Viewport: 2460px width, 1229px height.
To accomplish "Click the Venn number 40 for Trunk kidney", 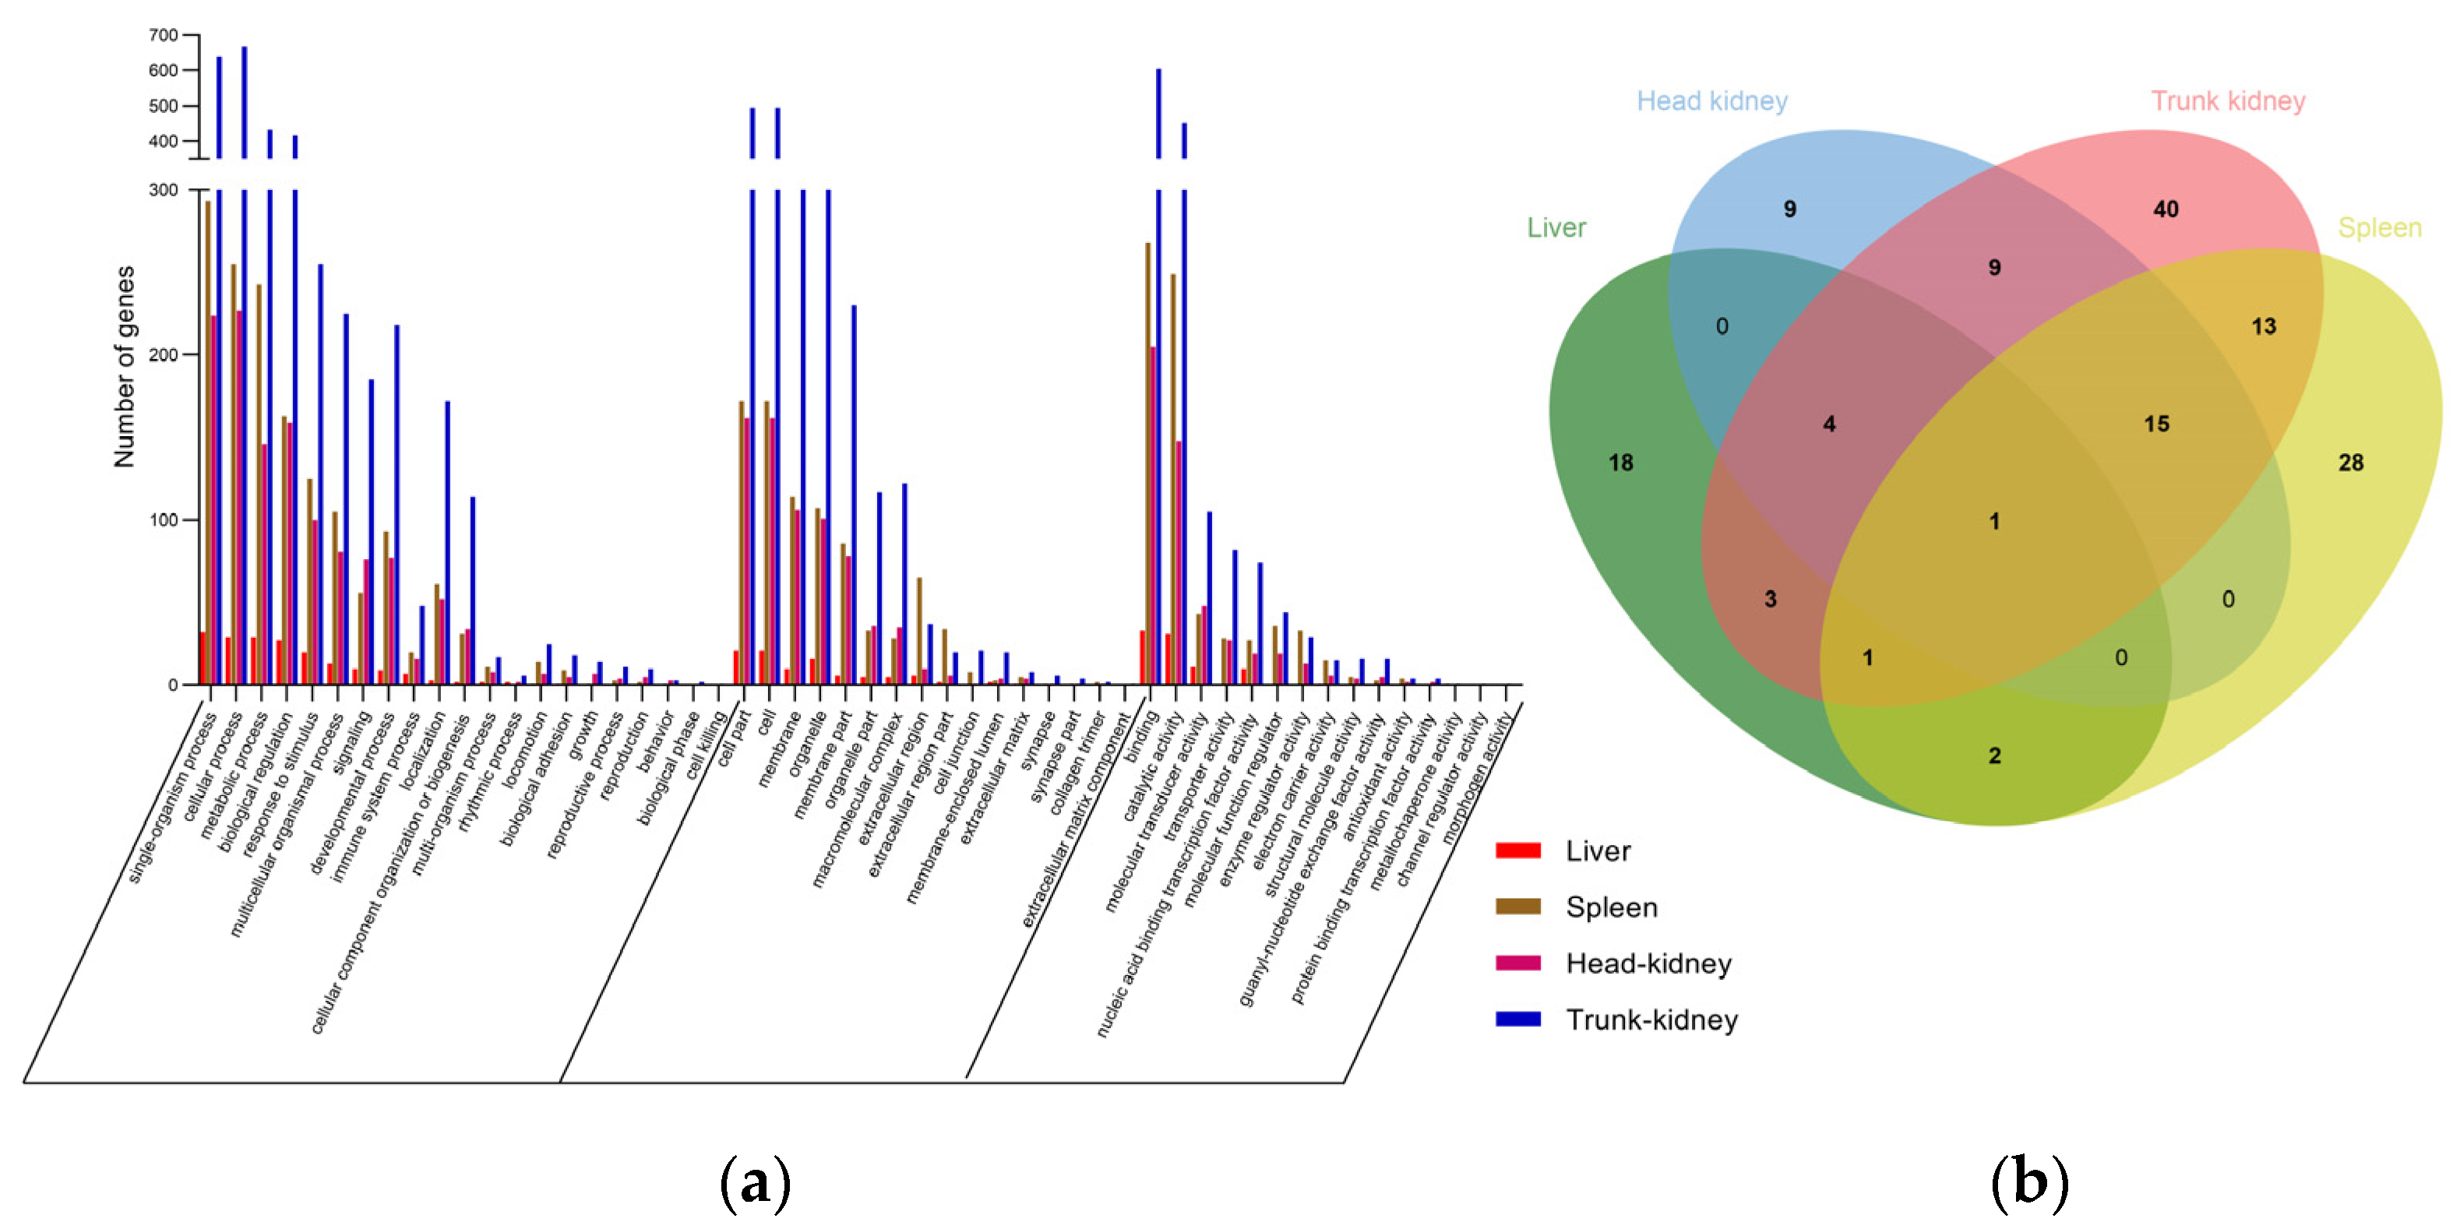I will pos(2166,210).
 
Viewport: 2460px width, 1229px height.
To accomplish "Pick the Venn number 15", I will pos(2156,424).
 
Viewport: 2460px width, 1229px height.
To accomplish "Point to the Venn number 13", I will pos(2263,326).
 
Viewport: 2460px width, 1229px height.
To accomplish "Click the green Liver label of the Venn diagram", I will pos(1556,228).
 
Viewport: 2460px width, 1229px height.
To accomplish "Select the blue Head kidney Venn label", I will pos(1711,101).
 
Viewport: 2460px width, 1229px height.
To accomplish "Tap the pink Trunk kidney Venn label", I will pos(2228,101).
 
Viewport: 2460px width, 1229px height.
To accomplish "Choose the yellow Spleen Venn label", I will pos(2380,228).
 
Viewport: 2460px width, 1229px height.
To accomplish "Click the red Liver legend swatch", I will pos(1517,850).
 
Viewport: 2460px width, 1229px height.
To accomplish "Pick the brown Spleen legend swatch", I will pos(1517,907).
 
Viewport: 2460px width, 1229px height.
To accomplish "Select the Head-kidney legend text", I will pos(1648,963).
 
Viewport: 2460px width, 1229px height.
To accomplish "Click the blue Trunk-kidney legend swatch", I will pos(1517,1019).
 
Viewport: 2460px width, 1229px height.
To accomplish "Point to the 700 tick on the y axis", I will pos(164,35).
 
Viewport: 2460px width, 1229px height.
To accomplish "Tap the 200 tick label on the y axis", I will pos(164,355).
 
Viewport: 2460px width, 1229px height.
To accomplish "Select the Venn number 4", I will pos(1829,424).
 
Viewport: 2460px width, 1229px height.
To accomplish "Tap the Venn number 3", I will pos(1770,600).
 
